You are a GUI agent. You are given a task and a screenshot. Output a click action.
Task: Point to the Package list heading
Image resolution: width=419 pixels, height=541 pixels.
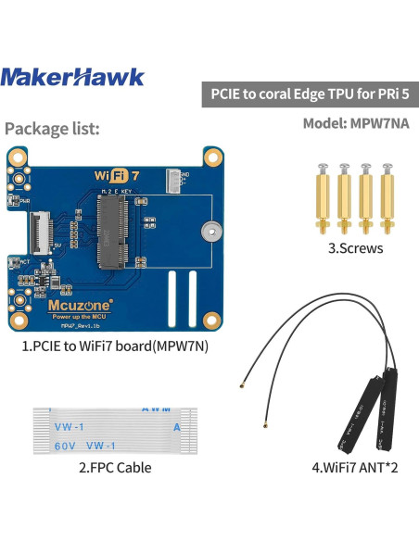pos(52,129)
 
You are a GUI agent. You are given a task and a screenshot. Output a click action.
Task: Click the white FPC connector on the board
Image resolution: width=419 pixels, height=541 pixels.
pos(40,226)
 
